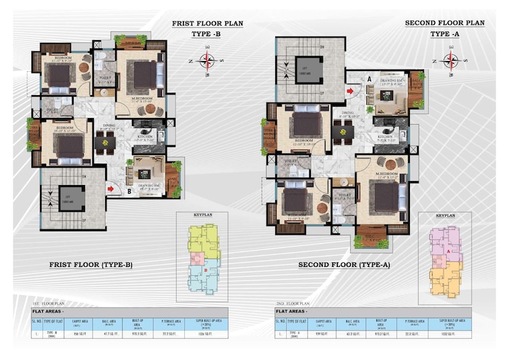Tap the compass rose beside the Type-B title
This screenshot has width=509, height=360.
[x=208, y=62]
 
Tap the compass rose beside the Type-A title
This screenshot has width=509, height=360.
[x=451, y=62]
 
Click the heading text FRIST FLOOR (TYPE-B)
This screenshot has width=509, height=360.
[x=91, y=265]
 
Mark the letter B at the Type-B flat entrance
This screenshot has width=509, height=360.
[x=129, y=190]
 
